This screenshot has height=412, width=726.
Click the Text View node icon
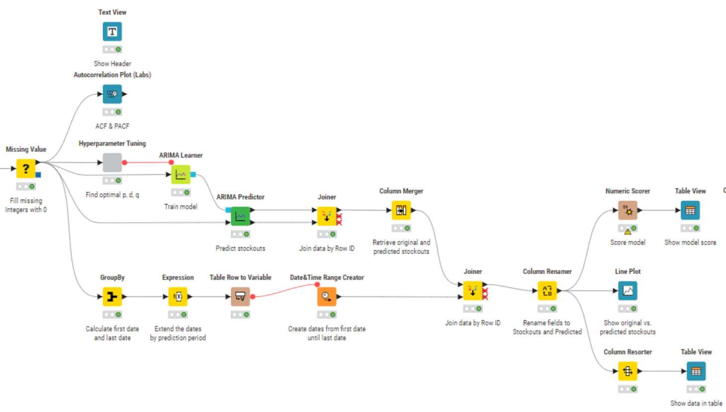112,32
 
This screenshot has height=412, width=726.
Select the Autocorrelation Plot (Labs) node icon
112,94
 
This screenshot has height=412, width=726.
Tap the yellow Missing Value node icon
26,168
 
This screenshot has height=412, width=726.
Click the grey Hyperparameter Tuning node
112,162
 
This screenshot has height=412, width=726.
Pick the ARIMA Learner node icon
181,174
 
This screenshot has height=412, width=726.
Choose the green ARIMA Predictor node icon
240,216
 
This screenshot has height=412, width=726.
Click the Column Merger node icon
401,210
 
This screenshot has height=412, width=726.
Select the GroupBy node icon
112,296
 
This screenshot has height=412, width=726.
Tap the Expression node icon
178,296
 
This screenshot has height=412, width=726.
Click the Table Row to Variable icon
240,296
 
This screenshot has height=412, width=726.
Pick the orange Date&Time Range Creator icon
327,296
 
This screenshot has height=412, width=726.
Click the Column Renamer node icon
547,290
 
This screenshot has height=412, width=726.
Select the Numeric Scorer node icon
628,210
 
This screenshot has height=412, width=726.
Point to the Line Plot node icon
628,290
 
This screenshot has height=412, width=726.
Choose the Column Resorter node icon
628,371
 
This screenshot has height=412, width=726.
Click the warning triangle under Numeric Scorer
628,231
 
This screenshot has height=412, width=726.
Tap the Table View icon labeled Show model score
690,210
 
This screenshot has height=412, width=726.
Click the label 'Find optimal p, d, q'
112,195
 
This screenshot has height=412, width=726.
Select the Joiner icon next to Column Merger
327,216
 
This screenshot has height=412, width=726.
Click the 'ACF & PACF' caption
112,126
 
